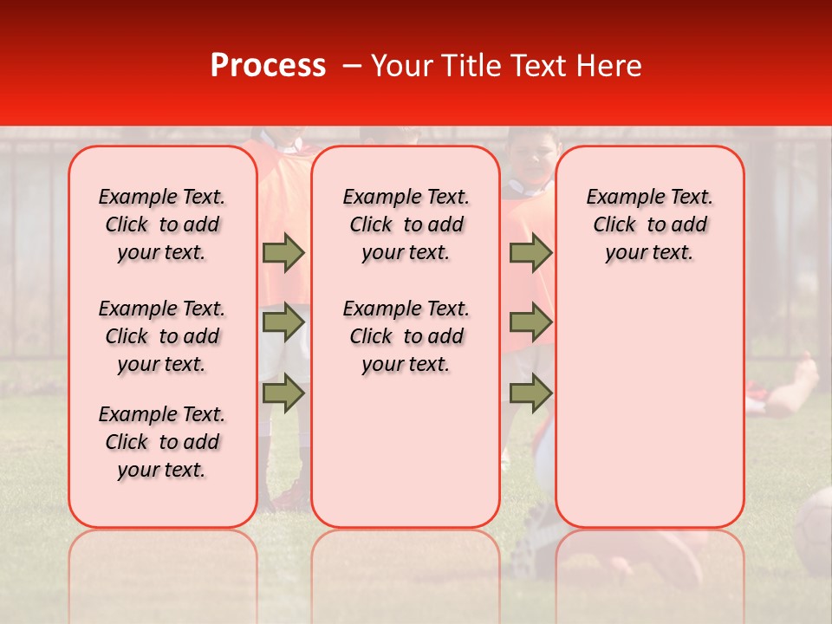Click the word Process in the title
[x=268, y=66]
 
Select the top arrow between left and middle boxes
[x=283, y=252]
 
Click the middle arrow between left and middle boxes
[x=283, y=322]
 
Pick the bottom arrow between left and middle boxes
[x=283, y=393]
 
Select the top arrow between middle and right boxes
[x=530, y=252]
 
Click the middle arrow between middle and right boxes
[x=530, y=322]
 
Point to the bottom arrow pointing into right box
[x=530, y=393]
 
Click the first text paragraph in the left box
[x=162, y=224]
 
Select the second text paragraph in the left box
[x=162, y=336]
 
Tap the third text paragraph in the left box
[x=162, y=442]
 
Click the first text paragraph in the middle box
[x=406, y=224]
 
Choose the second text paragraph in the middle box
[x=406, y=336]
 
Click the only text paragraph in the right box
[x=649, y=224]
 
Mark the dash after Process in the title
[x=352, y=66]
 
